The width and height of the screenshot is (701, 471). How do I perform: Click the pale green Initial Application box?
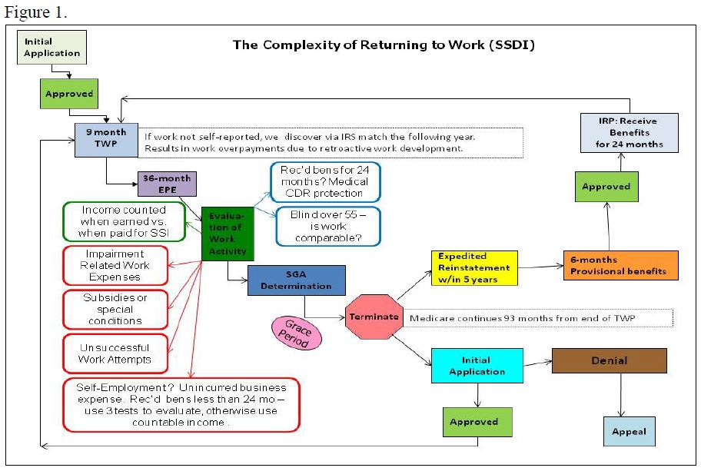click(x=52, y=48)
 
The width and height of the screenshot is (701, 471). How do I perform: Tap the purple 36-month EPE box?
click(x=168, y=184)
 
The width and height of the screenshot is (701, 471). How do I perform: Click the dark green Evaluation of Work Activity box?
click(x=228, y=234)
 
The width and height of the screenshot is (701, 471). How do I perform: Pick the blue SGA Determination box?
click(x=296, y=280)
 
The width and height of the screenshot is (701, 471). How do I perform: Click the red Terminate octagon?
click(x=374, y=316)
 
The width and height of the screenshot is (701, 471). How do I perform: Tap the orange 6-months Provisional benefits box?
click(x=620, y=265)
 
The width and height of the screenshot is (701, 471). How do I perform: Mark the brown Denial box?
click(x=609, y=360)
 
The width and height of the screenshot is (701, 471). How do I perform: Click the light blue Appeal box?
click(x=629, y=431)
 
